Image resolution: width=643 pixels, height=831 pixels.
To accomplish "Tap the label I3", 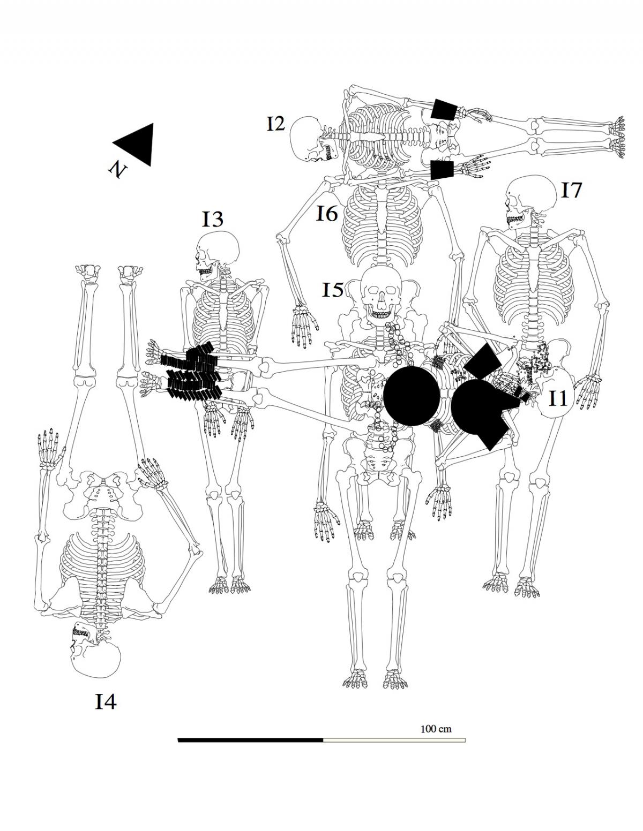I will coord(212,219).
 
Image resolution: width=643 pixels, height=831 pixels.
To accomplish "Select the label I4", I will coord(106,701).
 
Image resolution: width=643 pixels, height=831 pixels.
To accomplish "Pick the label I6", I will coord(327,214).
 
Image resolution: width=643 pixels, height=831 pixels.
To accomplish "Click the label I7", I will coord(571,190).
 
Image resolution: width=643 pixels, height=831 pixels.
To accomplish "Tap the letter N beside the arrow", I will coord(117,170).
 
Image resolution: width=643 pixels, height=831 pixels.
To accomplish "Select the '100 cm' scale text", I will coord(436,729).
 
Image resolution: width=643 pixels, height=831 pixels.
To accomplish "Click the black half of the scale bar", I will coord(250,740).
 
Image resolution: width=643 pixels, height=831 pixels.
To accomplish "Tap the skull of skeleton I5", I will coord(382,292).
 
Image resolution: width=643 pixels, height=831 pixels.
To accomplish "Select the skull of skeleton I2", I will coord(307,139).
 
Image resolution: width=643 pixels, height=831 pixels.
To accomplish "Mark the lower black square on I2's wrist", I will coord(443,170).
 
